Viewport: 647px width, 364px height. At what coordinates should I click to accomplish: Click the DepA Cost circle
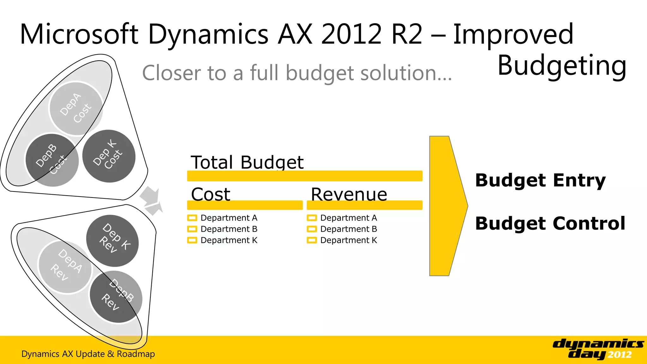coord(76,108)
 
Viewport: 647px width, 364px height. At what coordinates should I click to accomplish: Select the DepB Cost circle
coord(52,160)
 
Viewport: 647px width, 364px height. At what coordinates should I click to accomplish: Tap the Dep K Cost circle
coord(109,156)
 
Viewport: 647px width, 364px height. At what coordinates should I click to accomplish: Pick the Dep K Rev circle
coord(112,240)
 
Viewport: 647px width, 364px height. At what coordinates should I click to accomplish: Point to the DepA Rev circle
coord(65,267)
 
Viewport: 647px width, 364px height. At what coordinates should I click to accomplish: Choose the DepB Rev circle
coord(116,297)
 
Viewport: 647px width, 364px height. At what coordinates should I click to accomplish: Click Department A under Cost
coord(229,218)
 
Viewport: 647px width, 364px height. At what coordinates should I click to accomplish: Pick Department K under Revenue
coord(348,240)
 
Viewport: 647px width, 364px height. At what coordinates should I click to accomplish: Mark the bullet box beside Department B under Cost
coord(192,229)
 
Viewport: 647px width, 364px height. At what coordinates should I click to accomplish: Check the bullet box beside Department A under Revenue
coord(312,218)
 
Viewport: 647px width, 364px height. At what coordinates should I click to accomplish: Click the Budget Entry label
coord(540,180)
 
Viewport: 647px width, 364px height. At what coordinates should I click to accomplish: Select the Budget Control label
coord(550,223)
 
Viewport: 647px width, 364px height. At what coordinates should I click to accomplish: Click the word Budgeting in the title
coord(562,66)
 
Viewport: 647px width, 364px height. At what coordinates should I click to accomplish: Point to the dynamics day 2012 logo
coord(598,349)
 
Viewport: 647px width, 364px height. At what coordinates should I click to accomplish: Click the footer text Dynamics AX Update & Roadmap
coord(88,354)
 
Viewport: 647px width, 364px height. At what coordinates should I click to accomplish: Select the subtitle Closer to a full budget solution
coord(297,73)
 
